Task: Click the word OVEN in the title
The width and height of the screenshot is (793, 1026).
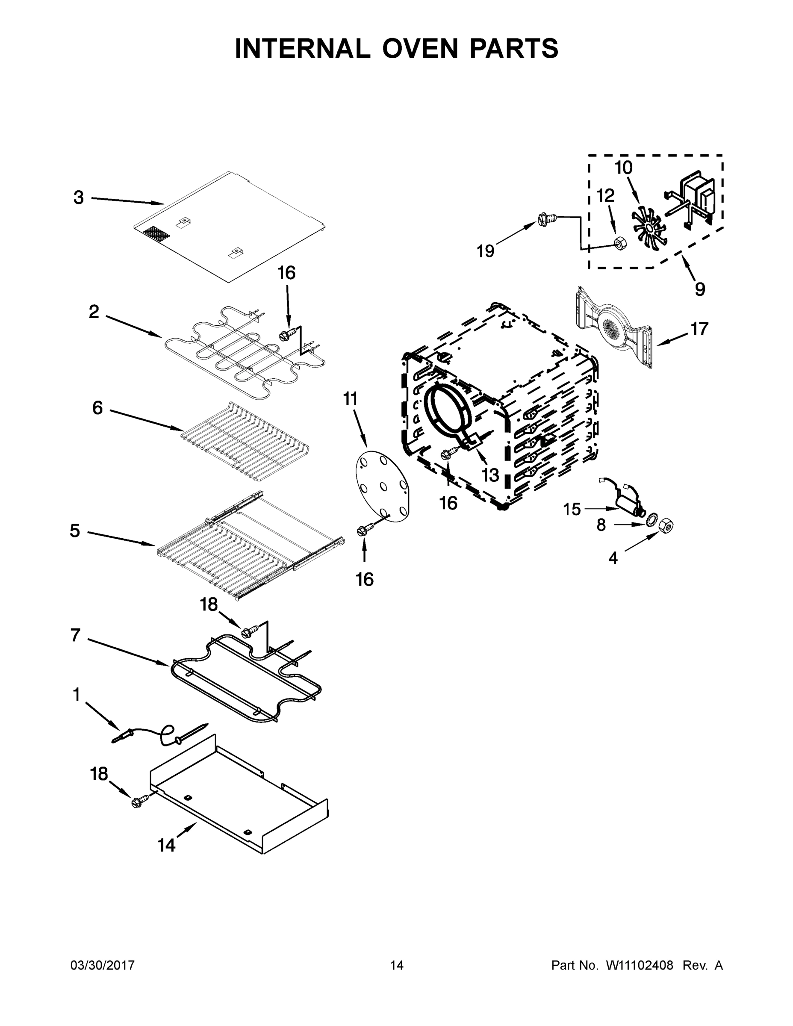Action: coord(419,48)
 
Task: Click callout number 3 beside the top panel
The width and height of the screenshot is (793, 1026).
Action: coord(79,198)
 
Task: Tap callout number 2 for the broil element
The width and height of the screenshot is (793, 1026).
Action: coord(94,312)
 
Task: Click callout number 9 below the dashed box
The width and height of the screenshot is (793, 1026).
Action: coord(699,289)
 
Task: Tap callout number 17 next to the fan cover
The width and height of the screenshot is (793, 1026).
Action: coord(699,329)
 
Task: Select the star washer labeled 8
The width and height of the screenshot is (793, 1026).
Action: coord(652,521)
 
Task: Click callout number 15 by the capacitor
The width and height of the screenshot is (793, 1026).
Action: coord(572,509)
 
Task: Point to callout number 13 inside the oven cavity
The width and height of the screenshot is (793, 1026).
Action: coord(490,475)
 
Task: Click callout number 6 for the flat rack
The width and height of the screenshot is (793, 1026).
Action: coord(97,408)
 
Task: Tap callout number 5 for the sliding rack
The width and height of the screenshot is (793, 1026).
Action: coord(75,531)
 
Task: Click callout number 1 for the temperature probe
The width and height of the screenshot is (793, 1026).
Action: coord(76,694)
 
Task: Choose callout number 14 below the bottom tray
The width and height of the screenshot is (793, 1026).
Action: coord(166,845)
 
